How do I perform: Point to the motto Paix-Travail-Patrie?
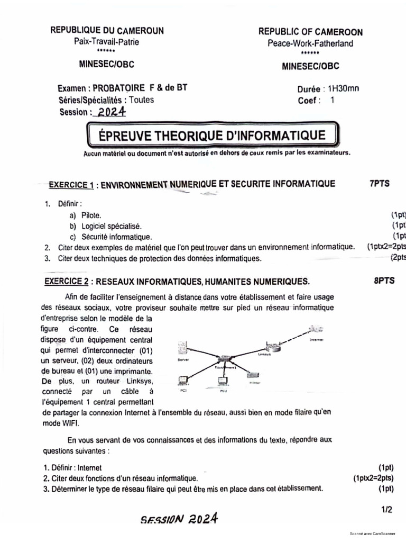tap(107, 42)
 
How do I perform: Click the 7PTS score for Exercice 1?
tap(379, 184)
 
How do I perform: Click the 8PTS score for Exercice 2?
tap(384, 281)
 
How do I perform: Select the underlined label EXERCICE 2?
tap(66, 282)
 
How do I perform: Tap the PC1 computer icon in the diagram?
tap(184, 380)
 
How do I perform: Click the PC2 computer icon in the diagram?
tap(223, 381)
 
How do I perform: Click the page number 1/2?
tap(386, 510)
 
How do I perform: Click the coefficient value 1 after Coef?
tap(332, 100)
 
